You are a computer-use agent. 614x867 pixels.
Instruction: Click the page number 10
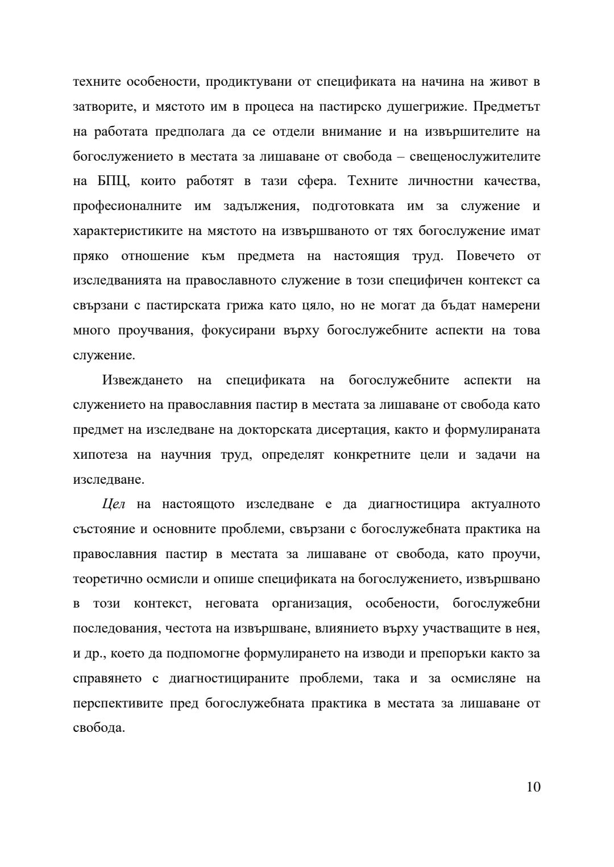pyautogui.click(x=533, y=787)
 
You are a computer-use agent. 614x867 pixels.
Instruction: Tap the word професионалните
pyautogui.click(x=127, y=206)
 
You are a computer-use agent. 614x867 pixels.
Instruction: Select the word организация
pyautogui.click(x=310, y=604)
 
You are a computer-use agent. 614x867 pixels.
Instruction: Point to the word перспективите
pyautogui.click(x=118, y=703)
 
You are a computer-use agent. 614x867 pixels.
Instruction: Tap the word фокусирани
pyautogui.click(x=235, y=330)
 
